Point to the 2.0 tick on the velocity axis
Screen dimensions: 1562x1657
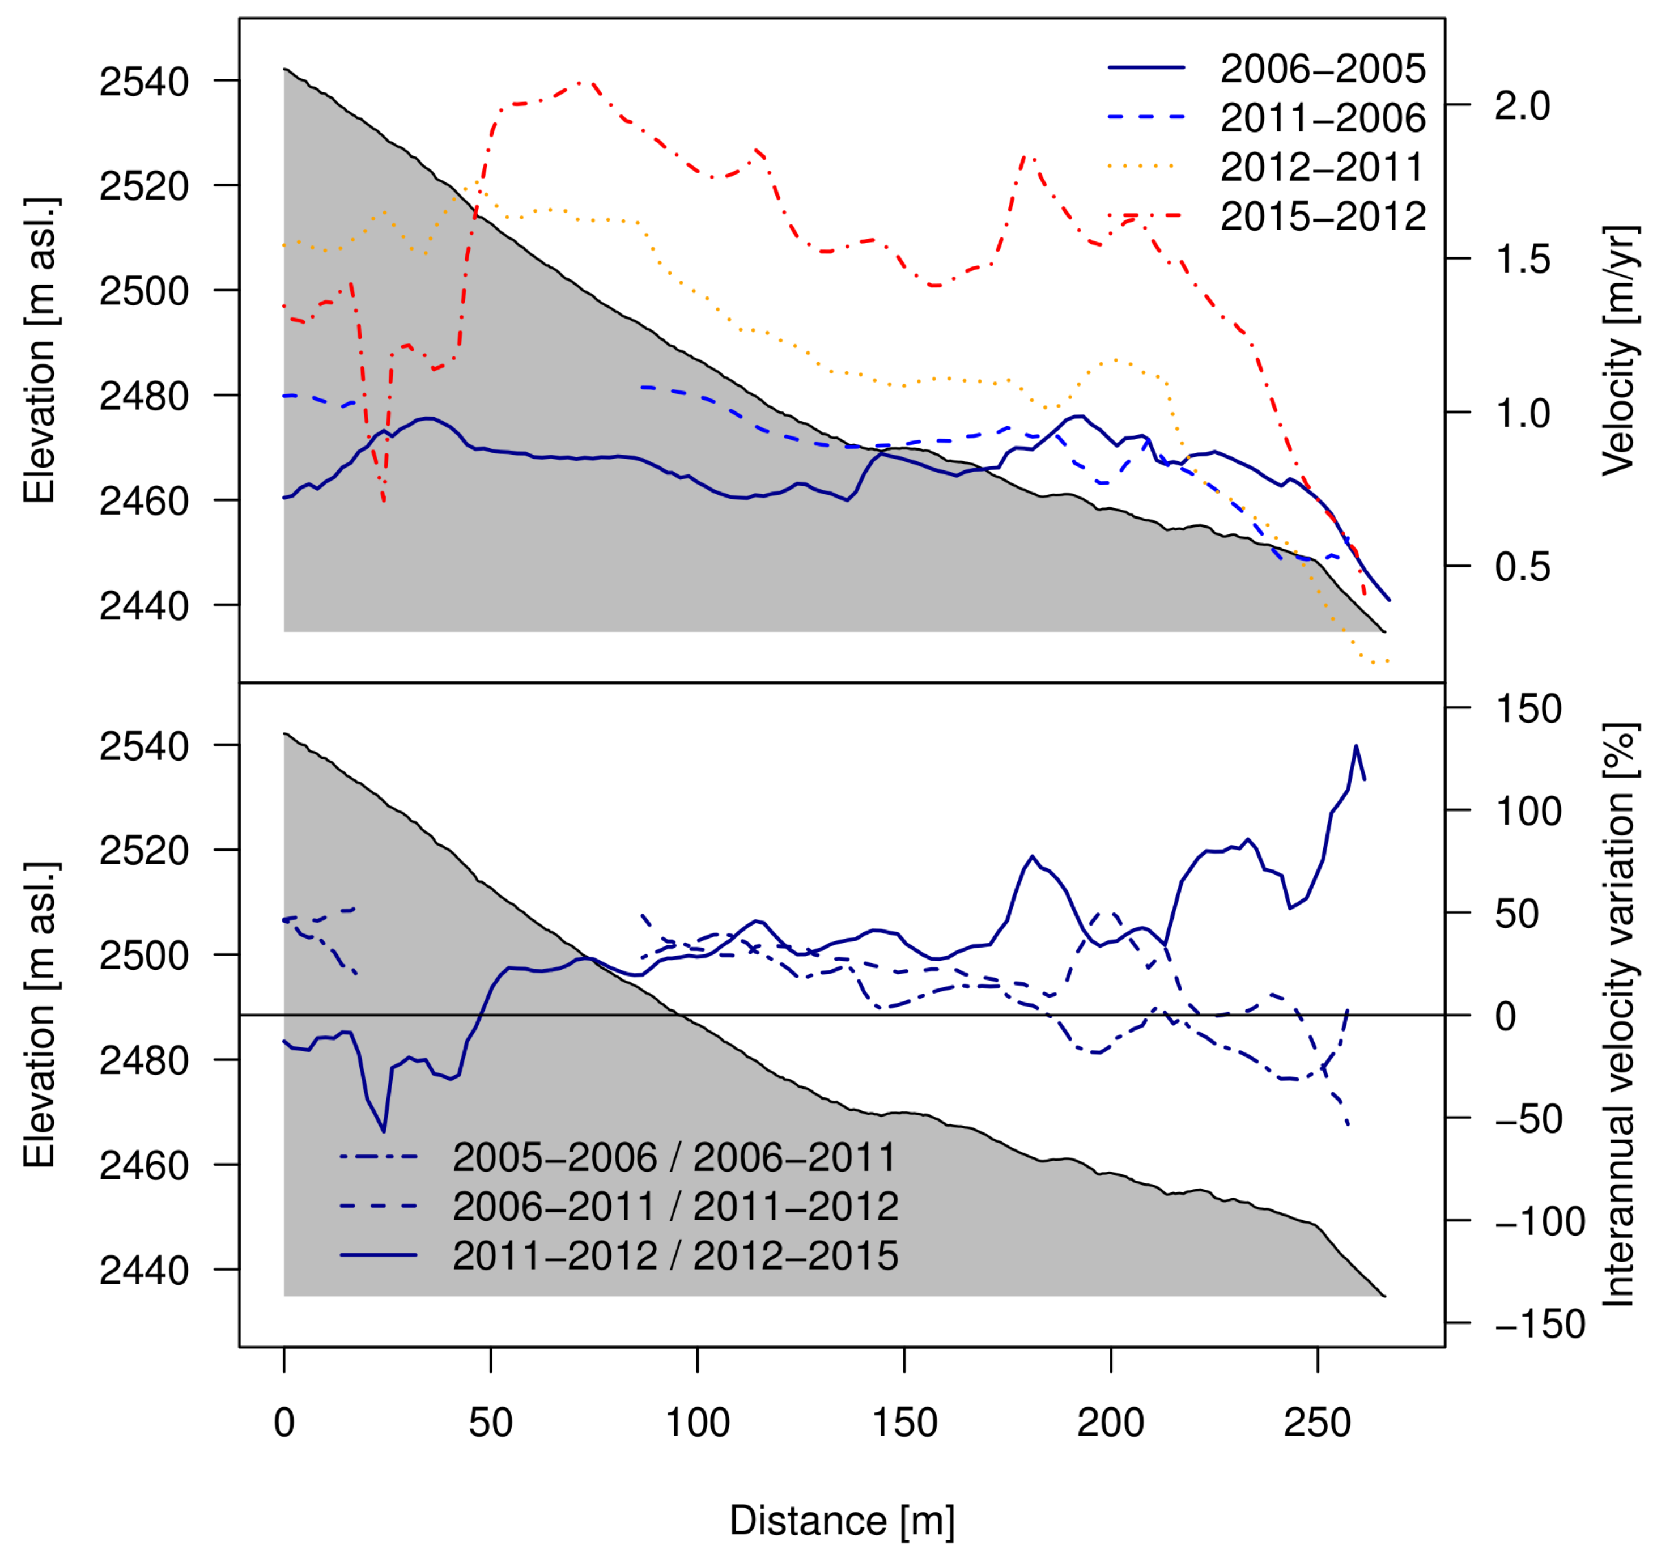pyautogui.click(x=1522, y=106)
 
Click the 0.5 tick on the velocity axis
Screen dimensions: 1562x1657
pyautogui.click(x=1522, y=568)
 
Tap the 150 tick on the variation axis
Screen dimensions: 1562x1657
pyautogui.click(x=1528, y=710)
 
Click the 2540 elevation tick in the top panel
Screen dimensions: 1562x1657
pyautogui.click(x=144, y=82)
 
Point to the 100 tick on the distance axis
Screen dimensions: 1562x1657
pyautogui.click(x=698, y=1423)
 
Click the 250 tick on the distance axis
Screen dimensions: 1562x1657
pyautogui.click(x=1318, y=1423)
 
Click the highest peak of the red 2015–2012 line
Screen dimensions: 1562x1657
pyautogui.click(x=590, y=82)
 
